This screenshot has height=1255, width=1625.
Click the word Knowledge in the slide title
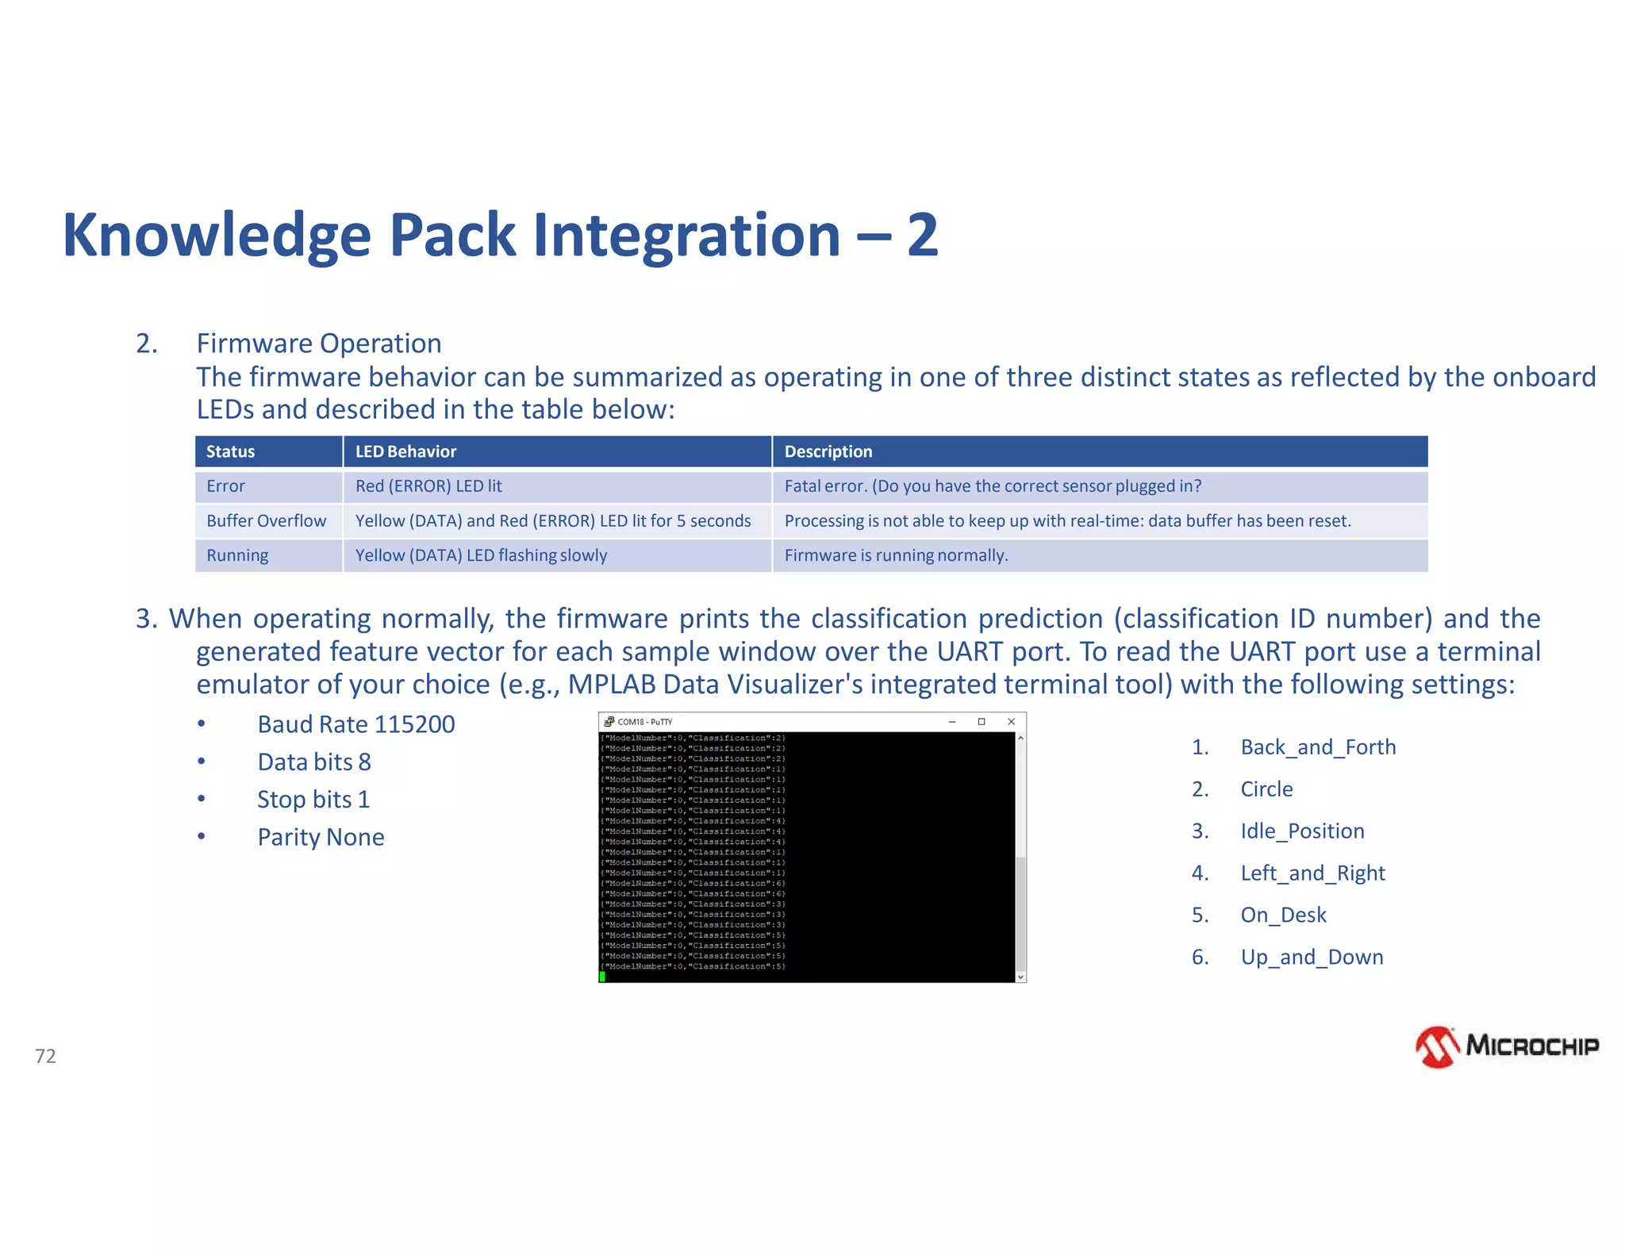[x=217, y=236]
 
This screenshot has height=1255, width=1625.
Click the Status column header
[x=230, y=451]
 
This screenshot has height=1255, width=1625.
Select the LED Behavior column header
[x=405, y=451]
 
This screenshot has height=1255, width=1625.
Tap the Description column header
[x=828, y=451]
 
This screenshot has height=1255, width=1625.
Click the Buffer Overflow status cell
[x=266, y=521]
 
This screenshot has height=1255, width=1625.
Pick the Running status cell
[x=237, y=555]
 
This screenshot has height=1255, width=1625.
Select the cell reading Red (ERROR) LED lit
[x=428, y=486]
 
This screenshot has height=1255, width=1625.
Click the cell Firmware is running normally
[x=896, y=555]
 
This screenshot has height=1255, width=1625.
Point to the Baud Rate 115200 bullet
[x=355, y=724]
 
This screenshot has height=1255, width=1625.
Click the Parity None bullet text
[x=321, y=837]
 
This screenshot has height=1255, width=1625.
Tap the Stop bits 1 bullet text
[x=313, y=800]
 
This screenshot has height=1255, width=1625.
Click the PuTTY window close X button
[x=1011, y=722]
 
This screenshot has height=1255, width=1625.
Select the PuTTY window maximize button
[x=982, y=722]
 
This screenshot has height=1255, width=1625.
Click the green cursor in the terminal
[x=602, y=977]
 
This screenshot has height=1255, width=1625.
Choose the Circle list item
[x=1266, y=789]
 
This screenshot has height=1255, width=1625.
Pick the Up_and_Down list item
[x=1312, y=958]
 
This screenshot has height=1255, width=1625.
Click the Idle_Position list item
[x=1302, y=831]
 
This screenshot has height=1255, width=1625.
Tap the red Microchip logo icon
[x=1437, y=1047]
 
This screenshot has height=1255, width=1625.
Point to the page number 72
[x=45, y=1056]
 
